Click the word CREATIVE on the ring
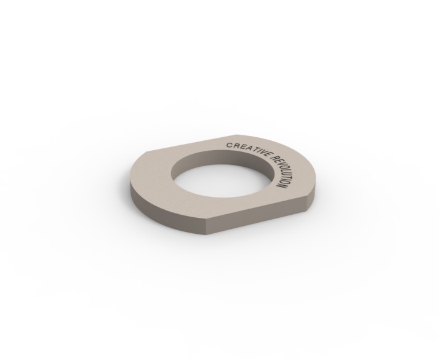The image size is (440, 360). coord(249,151)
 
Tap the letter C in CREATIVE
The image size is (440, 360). coord(229,145)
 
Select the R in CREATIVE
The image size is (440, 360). coord(235,146)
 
